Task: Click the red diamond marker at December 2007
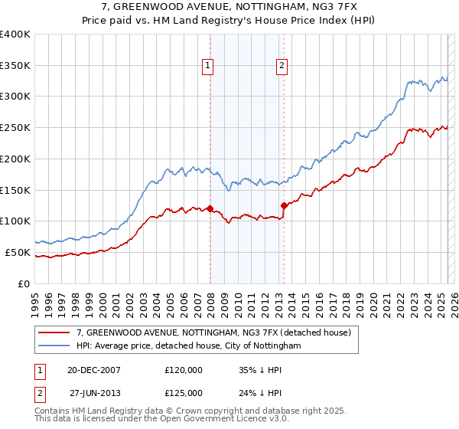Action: tap(210, 208)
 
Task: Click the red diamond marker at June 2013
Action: tap(284, 205)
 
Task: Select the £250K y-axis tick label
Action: tap(15, 127)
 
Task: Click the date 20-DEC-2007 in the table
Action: tap(94, 370)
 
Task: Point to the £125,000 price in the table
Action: tap(184, 393)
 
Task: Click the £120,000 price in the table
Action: tap(184, 370)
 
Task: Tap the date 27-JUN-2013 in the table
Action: tap(95, 393)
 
